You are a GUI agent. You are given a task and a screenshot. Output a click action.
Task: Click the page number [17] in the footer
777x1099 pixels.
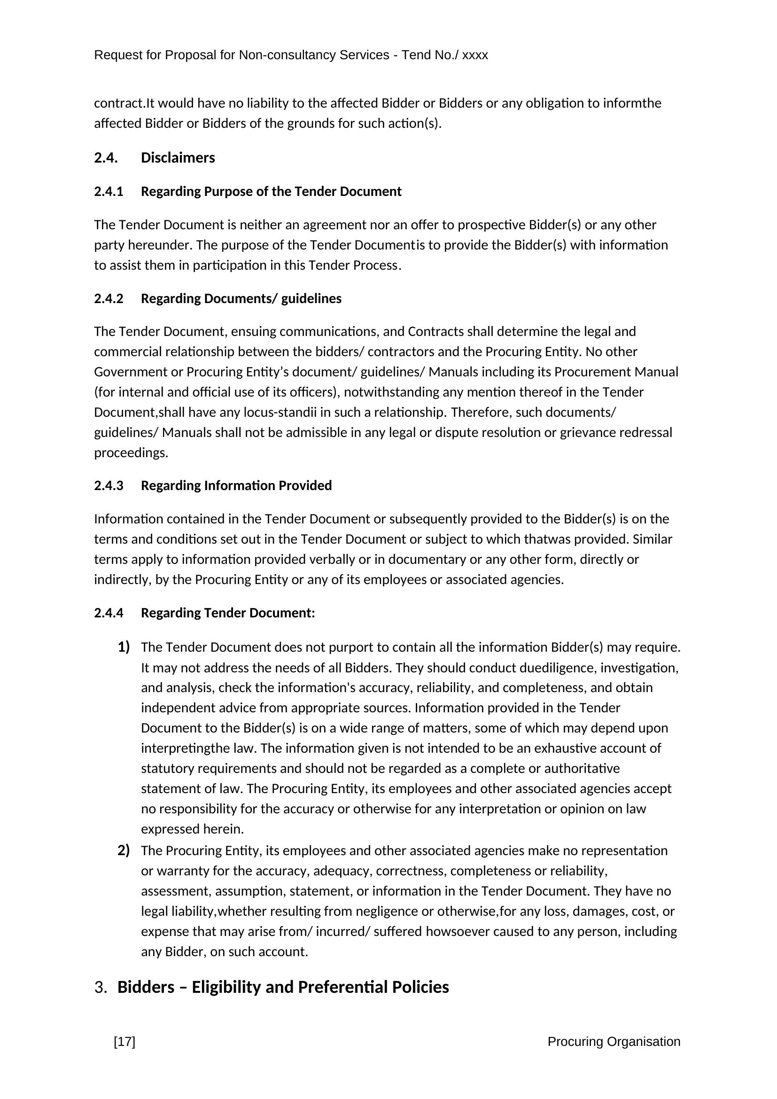click(x=124, y=1042)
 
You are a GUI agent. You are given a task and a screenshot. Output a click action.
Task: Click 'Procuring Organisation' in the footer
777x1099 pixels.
click(x=614, y=1042)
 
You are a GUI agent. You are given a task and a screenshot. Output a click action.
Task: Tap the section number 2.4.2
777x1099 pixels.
click(x=109, y=299)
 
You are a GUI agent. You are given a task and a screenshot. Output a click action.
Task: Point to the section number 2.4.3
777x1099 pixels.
click(x=109, y=486)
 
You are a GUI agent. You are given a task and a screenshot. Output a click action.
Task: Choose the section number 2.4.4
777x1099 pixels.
click(x=109, y=613)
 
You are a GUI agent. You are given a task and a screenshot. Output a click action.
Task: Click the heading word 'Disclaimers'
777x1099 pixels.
click(x=178, y=158)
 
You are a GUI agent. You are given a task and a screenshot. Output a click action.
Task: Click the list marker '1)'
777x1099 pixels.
click(x=124, y=647)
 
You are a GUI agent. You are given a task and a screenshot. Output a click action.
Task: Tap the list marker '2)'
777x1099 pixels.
click(x=124, y=850)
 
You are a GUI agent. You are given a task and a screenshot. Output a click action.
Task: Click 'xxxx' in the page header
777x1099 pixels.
click(x=474, y=55)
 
